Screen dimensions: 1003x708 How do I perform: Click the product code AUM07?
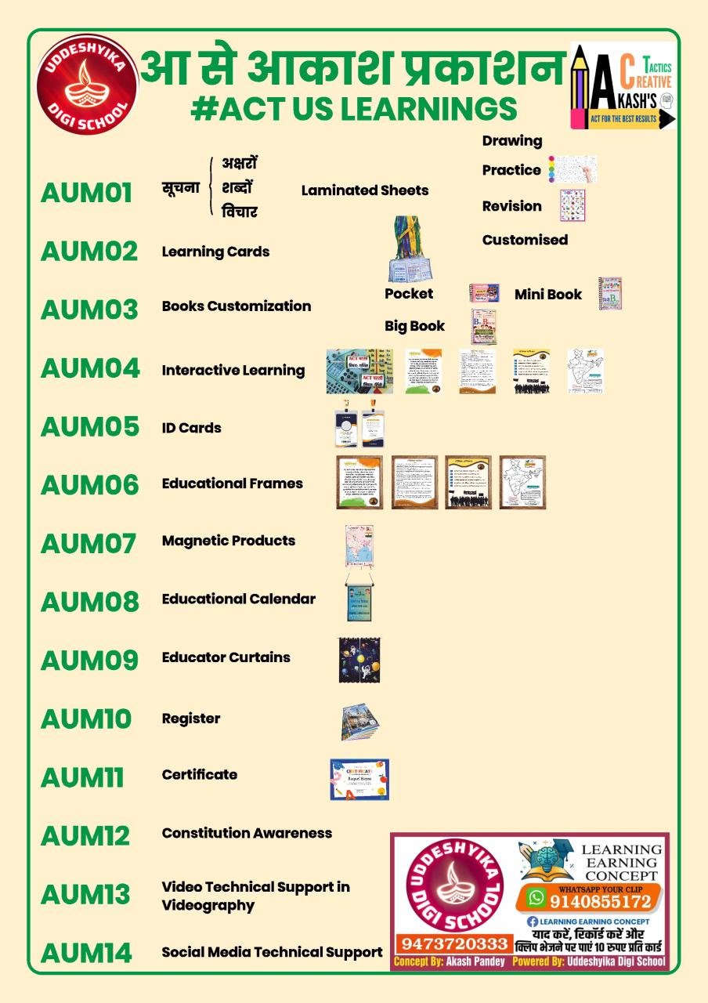tap(88, 543)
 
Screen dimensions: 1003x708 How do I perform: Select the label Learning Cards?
tap(215, 252)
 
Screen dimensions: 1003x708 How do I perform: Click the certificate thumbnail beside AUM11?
tap(359, 779)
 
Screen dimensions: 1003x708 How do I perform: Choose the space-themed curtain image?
tap(359, 659)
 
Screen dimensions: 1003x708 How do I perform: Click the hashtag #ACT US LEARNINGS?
tap(353, 109)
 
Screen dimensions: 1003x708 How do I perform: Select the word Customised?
tap(525, 240)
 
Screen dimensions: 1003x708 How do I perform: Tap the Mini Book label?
tap(548, 295)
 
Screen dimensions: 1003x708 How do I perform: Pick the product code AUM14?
tap(86, 953)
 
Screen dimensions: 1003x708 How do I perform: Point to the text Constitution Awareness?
tap(247, 833)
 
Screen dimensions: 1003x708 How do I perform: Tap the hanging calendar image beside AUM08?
tap(359, 599)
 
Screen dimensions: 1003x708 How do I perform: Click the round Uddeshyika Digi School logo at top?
tap(86, 85)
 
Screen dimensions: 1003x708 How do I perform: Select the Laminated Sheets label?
tap(365, 190)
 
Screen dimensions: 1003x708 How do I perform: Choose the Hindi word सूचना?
tap(181, 188)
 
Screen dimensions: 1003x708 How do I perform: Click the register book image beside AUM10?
tap(360, 722)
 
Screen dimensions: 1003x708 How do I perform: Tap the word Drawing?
tap(512, 141)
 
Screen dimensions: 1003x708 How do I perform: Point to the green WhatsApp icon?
tap(536, 898)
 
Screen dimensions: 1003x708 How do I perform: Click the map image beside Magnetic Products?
tap(359, 546)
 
